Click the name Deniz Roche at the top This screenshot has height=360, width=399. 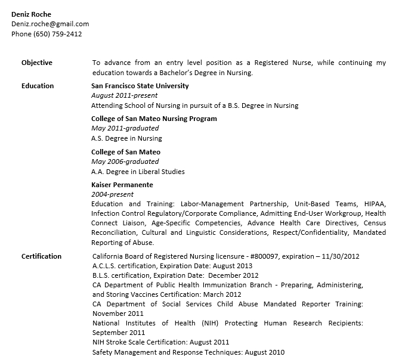pos(31,14)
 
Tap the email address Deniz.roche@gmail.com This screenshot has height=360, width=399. pos(50,24)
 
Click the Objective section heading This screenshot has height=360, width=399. pos(37,63)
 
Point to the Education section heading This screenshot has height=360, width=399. pos(38,86)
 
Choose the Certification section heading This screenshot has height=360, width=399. pos(41,256)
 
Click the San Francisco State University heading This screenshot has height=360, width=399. pos(140,86)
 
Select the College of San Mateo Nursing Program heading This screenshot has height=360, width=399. pos(154,119)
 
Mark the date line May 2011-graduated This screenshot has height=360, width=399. pos(125,128)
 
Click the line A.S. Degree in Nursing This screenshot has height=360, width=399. pos(126,138)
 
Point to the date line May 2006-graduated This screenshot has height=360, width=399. pos(125,162)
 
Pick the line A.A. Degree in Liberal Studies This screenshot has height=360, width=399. pos(138,172)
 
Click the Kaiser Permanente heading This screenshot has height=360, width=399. pos(122,185)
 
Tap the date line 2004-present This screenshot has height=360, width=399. pos(112,194)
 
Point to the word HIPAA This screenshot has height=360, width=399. pos(374,204)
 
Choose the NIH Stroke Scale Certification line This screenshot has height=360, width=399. pos(160,342)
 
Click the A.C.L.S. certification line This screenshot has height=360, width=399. pos(172,266)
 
